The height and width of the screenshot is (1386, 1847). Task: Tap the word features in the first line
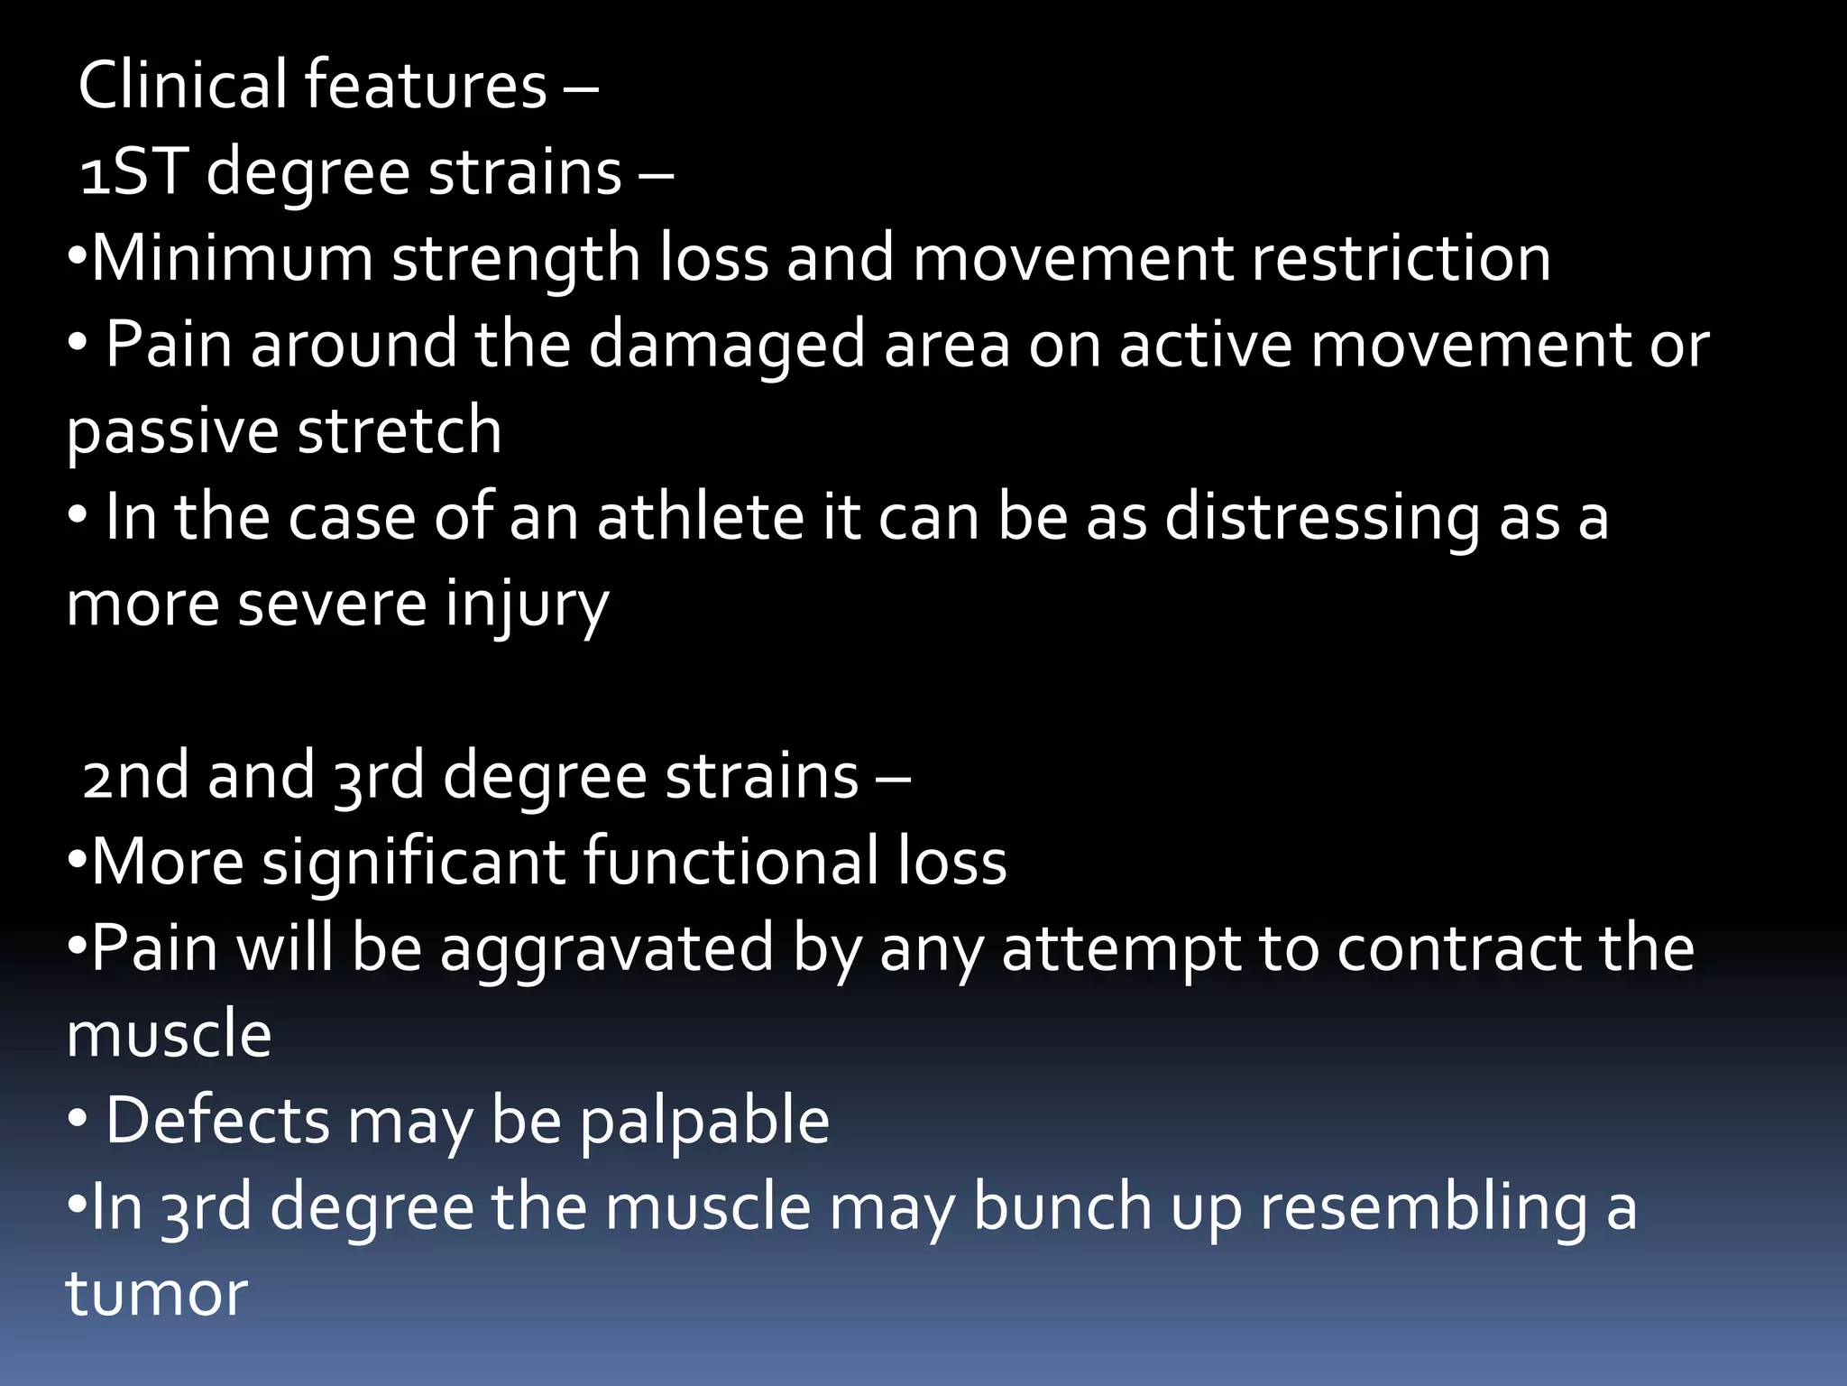point(425,85)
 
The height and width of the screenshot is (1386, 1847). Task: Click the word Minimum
point(232,258)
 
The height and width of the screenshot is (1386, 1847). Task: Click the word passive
point(172,431)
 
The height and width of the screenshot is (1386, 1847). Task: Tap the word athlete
point(700,518)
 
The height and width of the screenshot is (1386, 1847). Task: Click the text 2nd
point(135,776)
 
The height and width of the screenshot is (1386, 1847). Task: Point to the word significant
point(414,862)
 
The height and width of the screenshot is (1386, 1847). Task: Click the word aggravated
point(607,949)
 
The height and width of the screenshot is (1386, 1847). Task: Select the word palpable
point(703,1122)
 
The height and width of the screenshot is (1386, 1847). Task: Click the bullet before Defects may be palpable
point(78,1120)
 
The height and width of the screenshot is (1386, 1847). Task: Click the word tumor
point(156,1294)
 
